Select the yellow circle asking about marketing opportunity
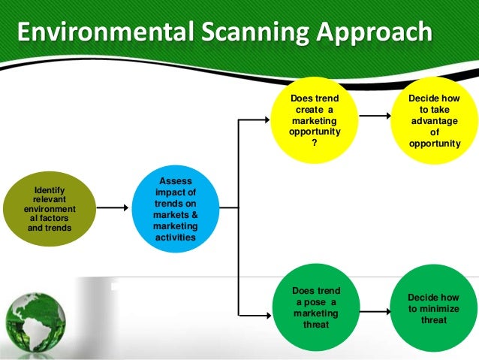[315, 121]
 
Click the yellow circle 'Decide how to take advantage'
[435, 121]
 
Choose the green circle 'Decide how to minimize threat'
[435, 307]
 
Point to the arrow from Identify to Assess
[112, 207]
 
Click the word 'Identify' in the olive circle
[50, 190]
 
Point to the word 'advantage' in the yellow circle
[435, 120]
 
